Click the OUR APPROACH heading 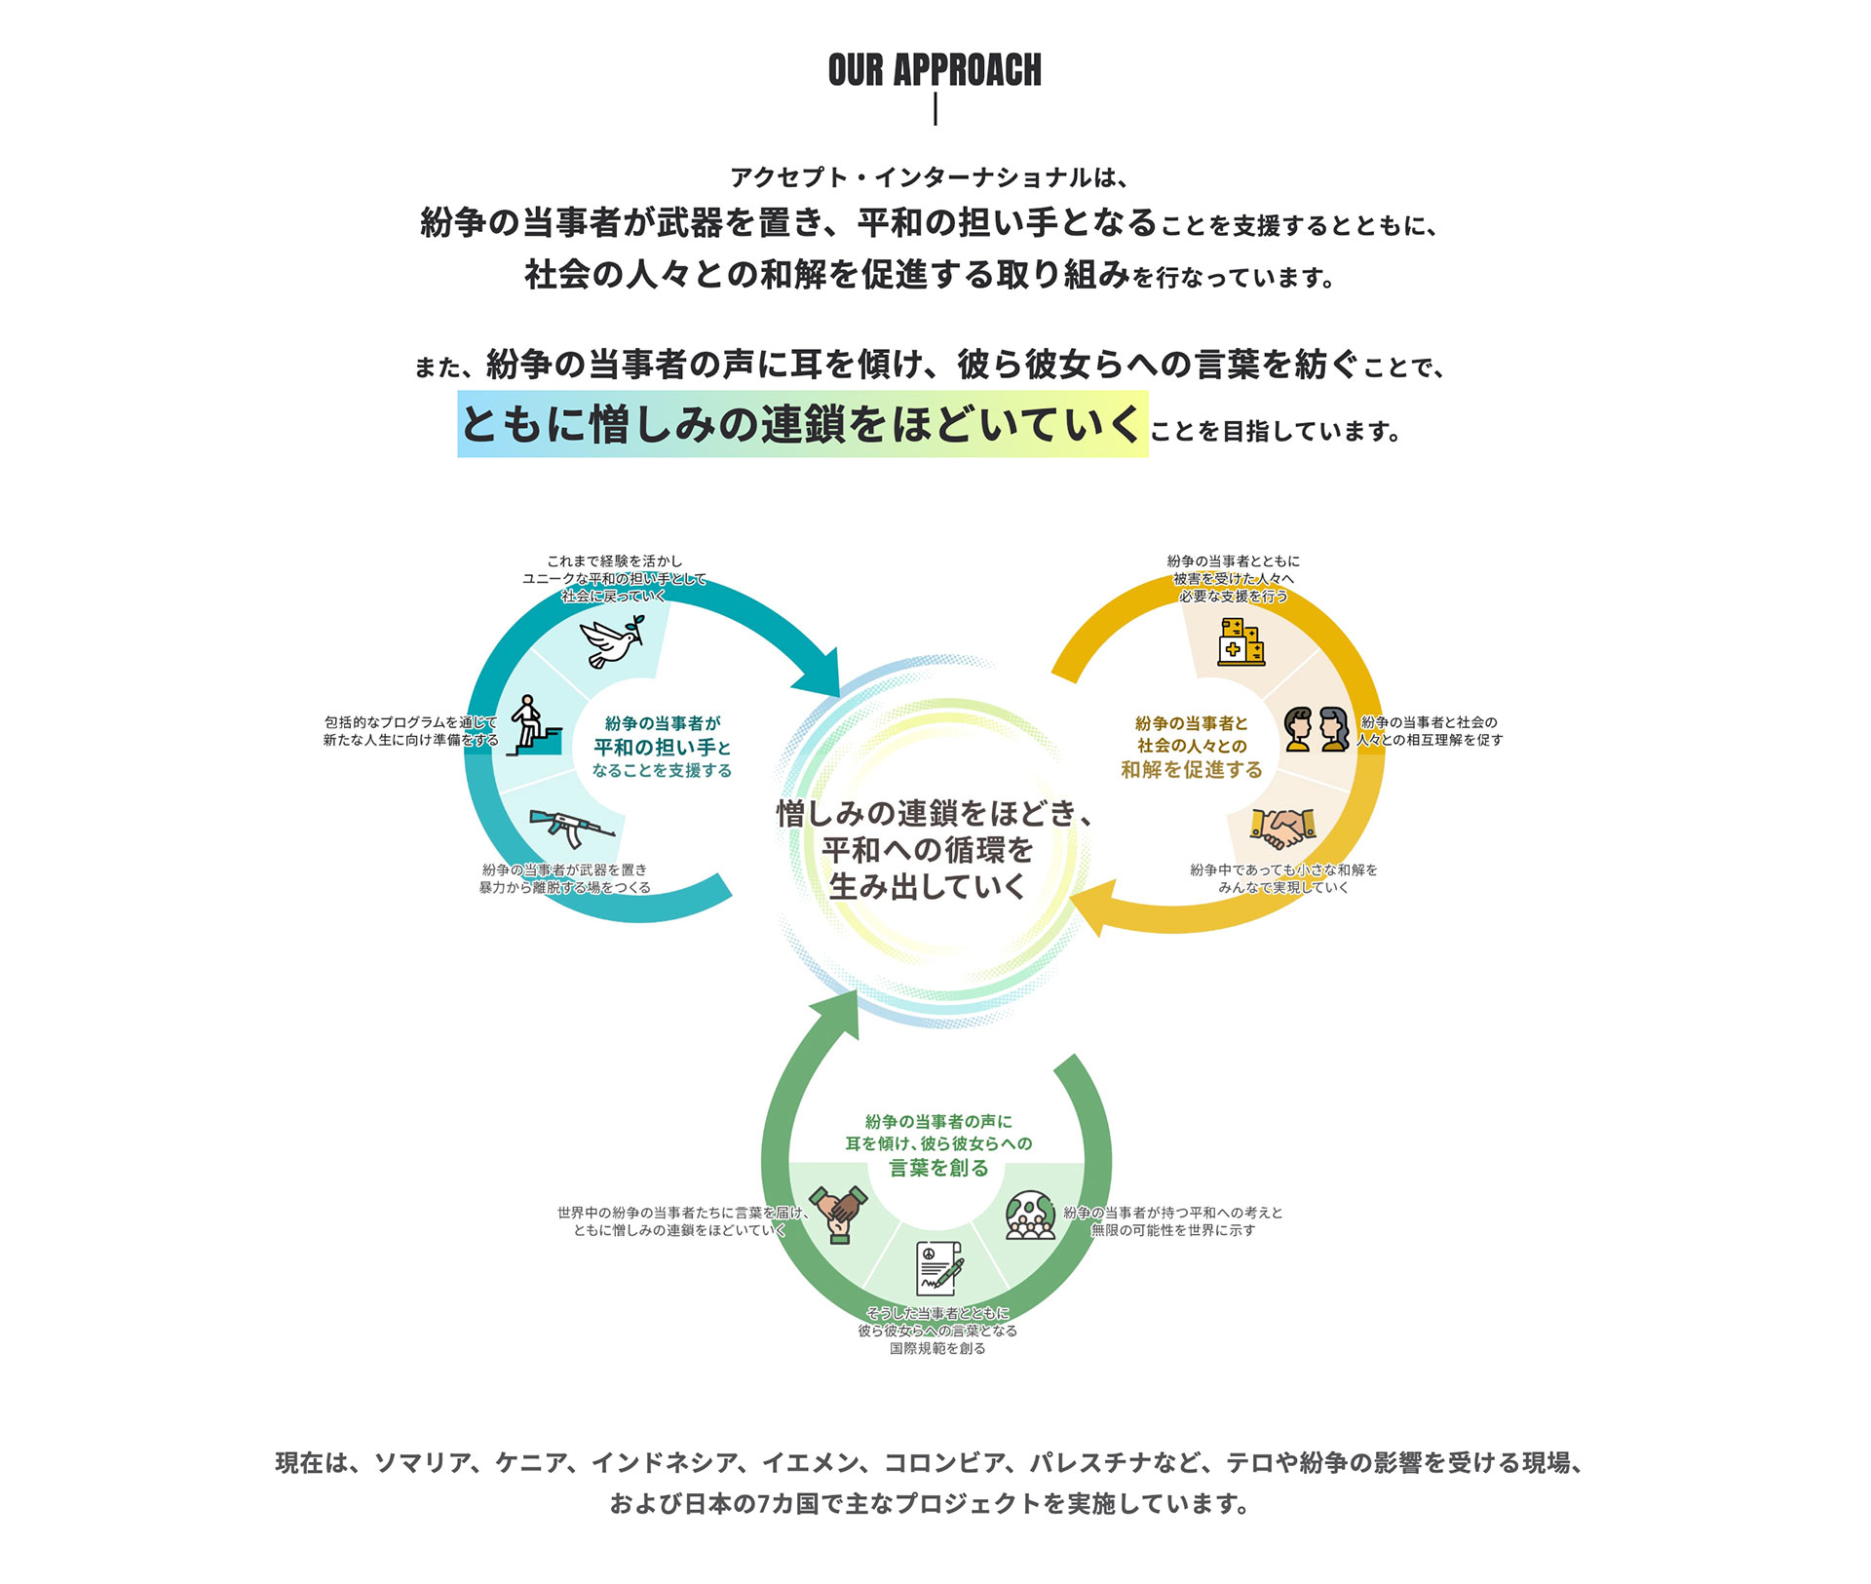tap(935, 70)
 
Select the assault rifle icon tap(571, 828)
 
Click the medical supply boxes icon tap(1241, 642)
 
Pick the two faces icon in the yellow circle tap(1317, 730)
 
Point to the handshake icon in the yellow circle tap(1283, 828)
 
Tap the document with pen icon tap(939, 1267)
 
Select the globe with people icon tap(1030, 1215)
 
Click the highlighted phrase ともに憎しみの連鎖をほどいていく tap(802, 424)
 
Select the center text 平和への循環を tap(927, 850)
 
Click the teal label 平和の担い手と tap(663, 748)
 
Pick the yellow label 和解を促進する tap(1191, 770)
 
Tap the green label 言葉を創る tap(938, 1168)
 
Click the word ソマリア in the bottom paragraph tap(423, 1463)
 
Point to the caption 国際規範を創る tap(937, 1349)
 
